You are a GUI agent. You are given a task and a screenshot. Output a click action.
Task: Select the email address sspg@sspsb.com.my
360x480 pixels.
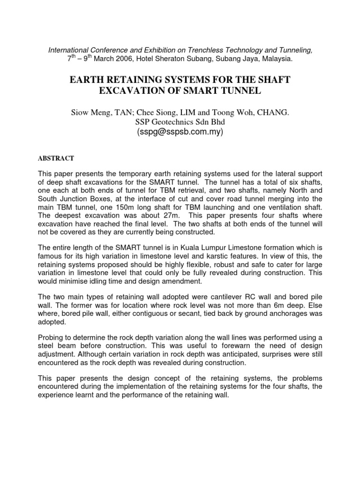click(180, 132)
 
